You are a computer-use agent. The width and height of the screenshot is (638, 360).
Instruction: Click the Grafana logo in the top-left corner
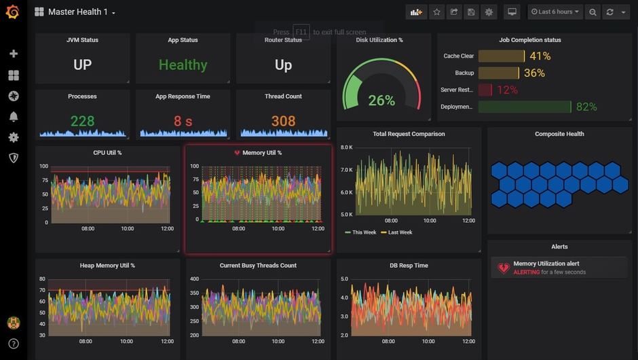pyautogui.click(x=12, y=12)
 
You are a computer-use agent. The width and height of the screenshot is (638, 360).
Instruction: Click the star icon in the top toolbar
pyautogui.click(x=436, y=12)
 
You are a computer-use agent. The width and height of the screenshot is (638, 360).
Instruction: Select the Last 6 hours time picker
pyautogui.click(x=555, y=12)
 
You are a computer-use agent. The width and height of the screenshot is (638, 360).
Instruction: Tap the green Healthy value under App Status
pyautogui.click(x=183, y=65)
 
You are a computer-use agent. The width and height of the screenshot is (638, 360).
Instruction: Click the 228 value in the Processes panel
pyautogui.click(x=82, y=121)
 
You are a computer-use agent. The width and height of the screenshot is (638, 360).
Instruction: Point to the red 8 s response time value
pyautogui.click(x=183, y=121)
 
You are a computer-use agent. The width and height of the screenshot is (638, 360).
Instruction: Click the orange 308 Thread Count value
pyautogui.click(x=283, y=121)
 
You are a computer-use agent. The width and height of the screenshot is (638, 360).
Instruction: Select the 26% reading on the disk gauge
pyautogui.click(x=381, y=101)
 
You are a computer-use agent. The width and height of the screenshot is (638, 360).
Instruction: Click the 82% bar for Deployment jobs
pyautogui.click(x=525, y=107)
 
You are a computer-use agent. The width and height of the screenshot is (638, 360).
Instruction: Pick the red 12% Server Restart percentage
pyautogui.click(x=507, y=90)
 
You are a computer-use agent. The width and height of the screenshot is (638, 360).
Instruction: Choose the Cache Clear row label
pyautogui.click(x=459, y=56)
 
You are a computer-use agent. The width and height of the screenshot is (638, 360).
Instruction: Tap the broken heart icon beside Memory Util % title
pyautogui.click(x=237, y=153)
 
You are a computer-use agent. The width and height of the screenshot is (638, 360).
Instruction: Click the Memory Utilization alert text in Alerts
pyautogui.click(x=546, y=264)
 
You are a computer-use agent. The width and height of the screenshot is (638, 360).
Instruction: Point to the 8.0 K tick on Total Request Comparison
pyautogui.click(x=346, y=147)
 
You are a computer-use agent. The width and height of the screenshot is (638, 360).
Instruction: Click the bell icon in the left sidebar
pyautogui.click(x=13, y=117)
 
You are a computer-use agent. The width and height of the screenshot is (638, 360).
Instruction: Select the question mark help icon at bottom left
pyautogui.click(x=13, y=344)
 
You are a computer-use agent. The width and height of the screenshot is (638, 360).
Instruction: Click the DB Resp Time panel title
pyautogui.click(x=409, y=266)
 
